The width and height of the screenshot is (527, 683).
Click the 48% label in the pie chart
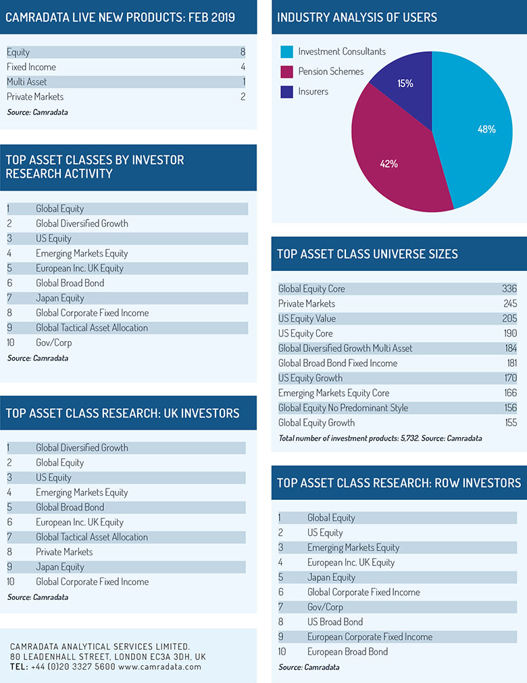tap(486, 129)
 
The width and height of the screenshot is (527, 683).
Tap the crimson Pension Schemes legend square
tap(286, 72)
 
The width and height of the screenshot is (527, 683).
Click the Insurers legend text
tap(313, 91)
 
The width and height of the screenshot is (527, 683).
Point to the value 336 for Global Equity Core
tap(509, 288)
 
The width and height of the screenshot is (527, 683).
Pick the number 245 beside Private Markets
tap(510, 303)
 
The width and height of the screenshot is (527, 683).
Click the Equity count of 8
tap(243, 52)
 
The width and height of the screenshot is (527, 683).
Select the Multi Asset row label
tap(26, 82)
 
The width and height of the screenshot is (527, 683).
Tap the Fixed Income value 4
tap(243, 67)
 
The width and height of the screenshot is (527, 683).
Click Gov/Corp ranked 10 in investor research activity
tap(53, 343)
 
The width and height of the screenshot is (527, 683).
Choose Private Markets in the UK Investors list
tap(64, 552)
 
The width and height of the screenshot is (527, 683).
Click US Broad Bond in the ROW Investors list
tap(335, 622)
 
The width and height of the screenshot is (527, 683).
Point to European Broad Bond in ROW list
tap(347, 652)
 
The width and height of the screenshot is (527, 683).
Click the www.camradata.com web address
tap(160, 666)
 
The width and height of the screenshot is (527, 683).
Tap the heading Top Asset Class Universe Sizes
tap(367, 254)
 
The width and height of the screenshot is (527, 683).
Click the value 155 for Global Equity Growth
tap(511, 422)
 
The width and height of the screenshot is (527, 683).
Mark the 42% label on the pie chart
tap(388, 163)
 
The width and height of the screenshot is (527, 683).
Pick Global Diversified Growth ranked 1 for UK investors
tap(82, 448)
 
